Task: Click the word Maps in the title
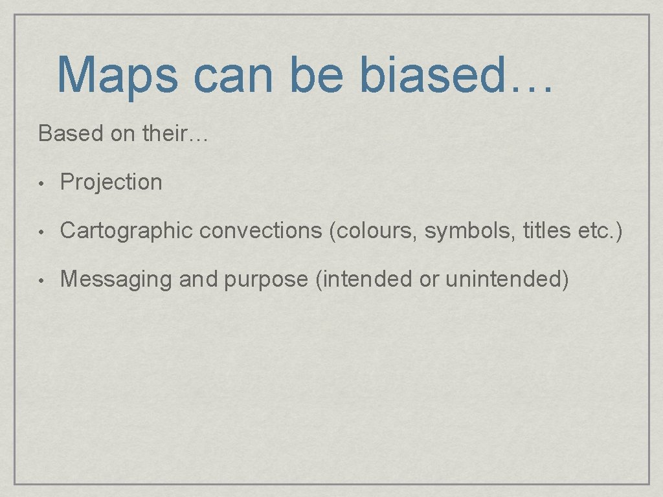(117, 76)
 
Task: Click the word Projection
(111, 182)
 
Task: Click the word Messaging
(117, 280)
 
